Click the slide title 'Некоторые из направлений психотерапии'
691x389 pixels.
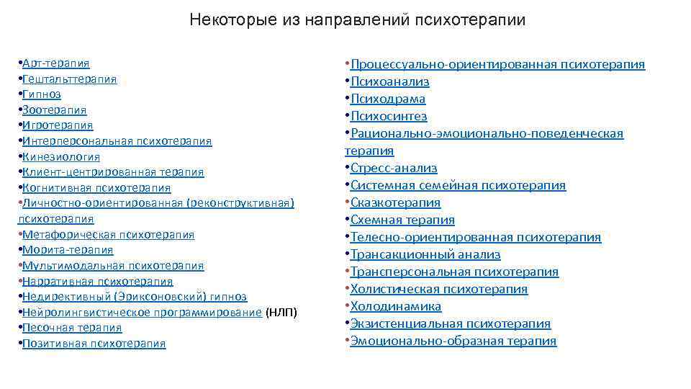358,19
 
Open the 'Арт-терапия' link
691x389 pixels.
56,63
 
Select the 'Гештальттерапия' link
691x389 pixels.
70,79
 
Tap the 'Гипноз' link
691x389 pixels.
42,94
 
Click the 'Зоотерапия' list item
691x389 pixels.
55,110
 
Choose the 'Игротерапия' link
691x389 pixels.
58,125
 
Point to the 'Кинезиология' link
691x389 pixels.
61,156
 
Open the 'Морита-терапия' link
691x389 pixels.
68,250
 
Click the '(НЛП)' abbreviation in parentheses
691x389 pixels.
281,312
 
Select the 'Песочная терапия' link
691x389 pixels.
72,328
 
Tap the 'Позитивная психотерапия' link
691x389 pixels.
94,344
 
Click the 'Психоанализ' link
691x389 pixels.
389,81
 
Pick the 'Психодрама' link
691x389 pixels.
388,99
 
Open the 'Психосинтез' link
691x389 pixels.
389,116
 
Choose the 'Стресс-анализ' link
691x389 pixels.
394,168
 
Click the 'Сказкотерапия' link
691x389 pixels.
395,202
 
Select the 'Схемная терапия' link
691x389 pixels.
402,220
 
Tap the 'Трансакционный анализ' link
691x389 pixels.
425,254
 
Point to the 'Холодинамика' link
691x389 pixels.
396,306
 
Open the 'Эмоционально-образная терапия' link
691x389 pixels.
453,341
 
